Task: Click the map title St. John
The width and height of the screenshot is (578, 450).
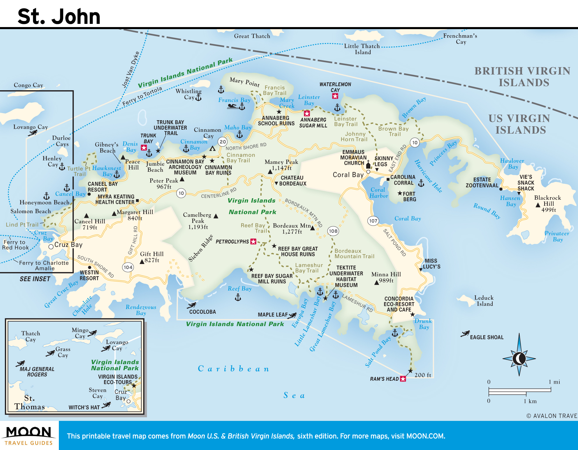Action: pyautogui.click(x=59, y=16)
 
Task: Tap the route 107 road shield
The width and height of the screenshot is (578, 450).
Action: pyautogui.click(x=373, y=221)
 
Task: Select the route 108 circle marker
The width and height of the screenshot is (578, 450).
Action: pyautogui.click(x=333, y=231)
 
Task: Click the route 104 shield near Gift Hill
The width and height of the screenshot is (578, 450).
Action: pyautogui.click(x=128, y=267)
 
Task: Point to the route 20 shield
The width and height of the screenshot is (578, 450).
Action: pyautogui.click(x=223, y=142)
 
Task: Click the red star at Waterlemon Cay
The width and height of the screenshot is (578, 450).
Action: pyautogui.click(x=335, y=96)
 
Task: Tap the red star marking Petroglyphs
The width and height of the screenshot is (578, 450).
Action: pyautogui.click(x=253, y=242)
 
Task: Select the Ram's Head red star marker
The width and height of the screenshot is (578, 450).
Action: pyautogui.click(x=403, y=379)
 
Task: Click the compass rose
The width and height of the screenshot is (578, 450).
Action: pyautogui.click(x=519, y=358)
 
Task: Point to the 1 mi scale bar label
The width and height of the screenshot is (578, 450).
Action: pyautogui.click(x=554, y=382)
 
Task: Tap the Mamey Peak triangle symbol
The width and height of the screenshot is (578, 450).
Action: pyautogui.click(x=270, y=172)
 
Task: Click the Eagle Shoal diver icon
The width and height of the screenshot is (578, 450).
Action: pyautogui.click(x=465, y=334)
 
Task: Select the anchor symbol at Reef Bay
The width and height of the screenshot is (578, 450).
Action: pyautogui.click(x=238, y=297)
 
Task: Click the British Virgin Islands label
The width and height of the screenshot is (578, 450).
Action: pyautogui.click(x=523, y=77)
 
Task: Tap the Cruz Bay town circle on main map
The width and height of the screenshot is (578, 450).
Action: pyautogui.click(x=51, y=247)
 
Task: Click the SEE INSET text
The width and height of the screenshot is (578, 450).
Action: pyautogui.click(x=35, y=279)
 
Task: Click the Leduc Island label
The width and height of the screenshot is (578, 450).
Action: pyautogui.click(x=484, y=301)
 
